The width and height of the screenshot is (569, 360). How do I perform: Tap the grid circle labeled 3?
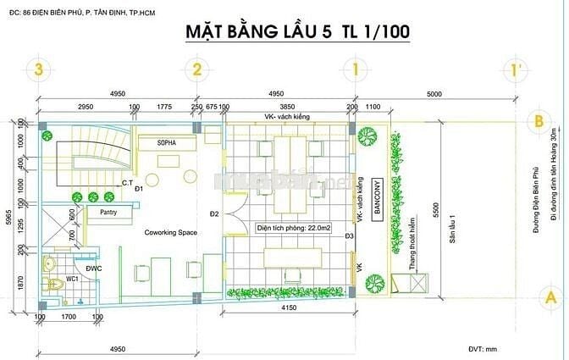click(36, 70)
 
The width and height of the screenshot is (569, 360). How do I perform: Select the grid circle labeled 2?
click(196, 70)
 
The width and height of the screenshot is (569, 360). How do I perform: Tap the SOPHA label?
click(166, 144)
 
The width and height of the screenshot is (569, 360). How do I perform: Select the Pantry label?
click(108, 212)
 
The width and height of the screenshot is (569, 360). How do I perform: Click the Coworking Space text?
click(171, 231)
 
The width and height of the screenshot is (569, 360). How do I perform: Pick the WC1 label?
click(74, 277)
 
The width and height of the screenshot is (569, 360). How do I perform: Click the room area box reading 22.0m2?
click(293, 228)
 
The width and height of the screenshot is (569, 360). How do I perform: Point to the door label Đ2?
click(215, 213)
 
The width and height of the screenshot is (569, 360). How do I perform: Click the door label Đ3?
click(348, 235)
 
